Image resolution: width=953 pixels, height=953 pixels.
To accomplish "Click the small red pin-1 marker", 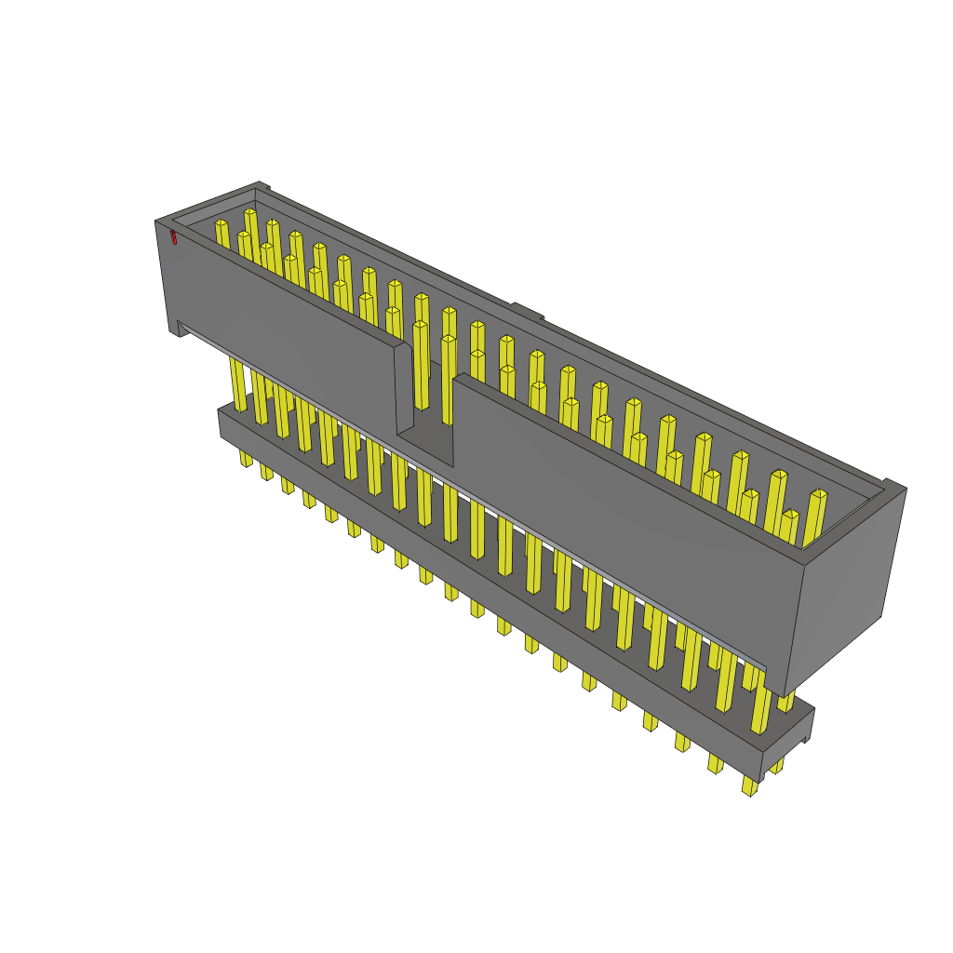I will (173, 237).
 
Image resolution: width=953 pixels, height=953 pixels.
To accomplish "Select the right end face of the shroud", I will (847, 586).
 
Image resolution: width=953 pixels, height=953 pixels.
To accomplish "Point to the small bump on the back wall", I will (527, 311).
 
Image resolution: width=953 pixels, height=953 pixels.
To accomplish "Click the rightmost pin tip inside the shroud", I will (818, 494).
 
